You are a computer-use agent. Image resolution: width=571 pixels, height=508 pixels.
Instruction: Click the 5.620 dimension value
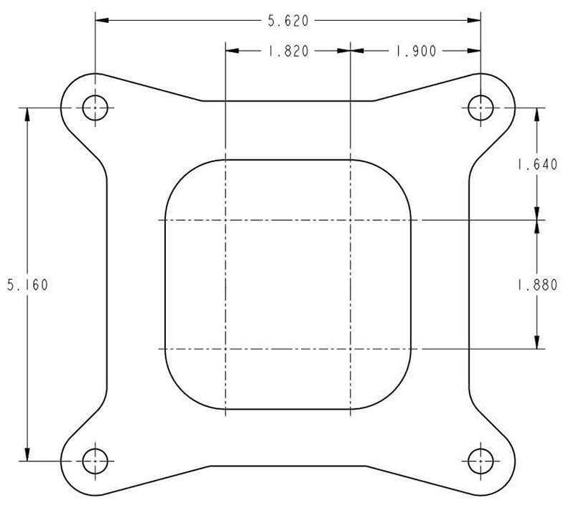tap(288, 21)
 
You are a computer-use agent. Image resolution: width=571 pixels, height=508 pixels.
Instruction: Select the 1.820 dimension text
tap(287, 51)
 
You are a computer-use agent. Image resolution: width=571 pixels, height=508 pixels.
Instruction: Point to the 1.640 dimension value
tap(537, 164)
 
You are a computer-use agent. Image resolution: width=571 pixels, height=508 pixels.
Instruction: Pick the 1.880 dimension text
tap(537, 285)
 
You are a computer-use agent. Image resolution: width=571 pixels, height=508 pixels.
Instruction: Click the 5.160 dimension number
tap(27, 285)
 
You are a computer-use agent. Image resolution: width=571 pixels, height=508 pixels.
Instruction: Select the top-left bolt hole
tap(94, 108)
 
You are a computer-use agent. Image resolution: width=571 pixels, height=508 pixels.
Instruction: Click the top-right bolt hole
tap(480, 108)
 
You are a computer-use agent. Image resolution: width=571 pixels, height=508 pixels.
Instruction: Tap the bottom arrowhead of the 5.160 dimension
tap(27, 455)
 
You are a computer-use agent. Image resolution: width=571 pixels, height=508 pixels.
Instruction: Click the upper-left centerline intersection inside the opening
tap(226, 220)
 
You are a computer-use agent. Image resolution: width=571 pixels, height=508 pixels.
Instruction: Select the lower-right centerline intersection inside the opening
tap(350, 349)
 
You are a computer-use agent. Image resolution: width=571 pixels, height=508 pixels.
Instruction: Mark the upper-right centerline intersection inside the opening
tap(350, 220)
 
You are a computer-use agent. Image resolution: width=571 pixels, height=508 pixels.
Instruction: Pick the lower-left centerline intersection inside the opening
tap(226, 349)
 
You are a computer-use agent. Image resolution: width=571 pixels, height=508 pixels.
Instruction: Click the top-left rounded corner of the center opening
tap(179, 173)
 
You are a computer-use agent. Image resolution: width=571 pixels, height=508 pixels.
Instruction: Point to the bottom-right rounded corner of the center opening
tap(398, 397)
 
